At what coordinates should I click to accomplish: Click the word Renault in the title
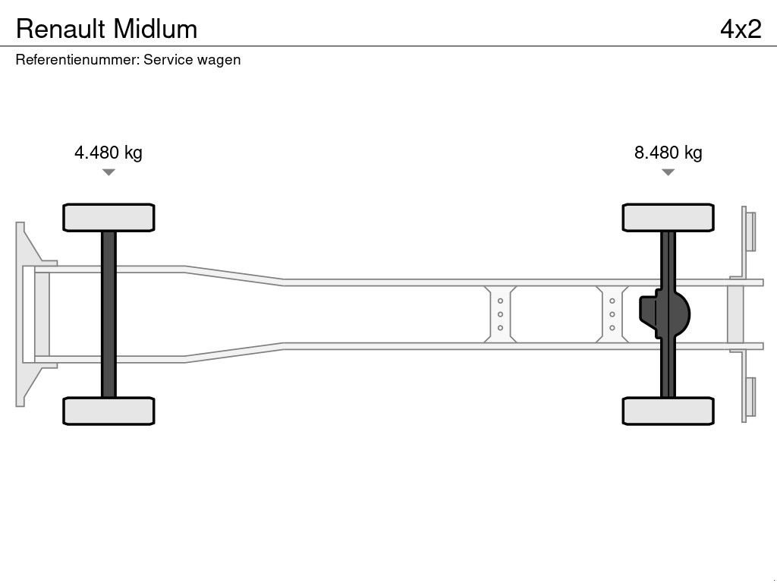61,30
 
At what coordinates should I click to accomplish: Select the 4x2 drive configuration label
741,30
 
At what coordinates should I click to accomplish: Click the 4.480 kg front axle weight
108,152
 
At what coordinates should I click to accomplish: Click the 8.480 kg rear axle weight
668,152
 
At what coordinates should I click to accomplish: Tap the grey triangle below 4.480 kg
109,172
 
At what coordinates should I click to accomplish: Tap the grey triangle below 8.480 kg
668,172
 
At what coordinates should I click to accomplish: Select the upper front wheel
109,218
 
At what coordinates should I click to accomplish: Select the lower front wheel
109,411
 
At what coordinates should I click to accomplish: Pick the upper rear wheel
668,218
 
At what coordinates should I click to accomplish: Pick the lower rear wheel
668,411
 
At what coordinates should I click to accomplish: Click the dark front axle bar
109,314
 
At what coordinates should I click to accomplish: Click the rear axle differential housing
664,314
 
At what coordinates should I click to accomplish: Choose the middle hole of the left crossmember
500,314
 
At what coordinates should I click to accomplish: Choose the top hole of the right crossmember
612,301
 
